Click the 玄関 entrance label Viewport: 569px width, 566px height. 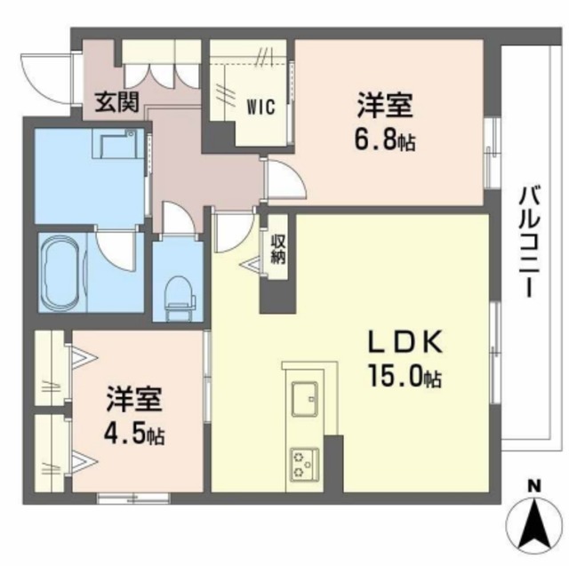tap(115, 103)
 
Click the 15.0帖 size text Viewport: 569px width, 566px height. tap(405, 379)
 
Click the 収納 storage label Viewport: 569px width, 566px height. tap(277, 249)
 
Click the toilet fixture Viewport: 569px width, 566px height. tap(180, 292)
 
